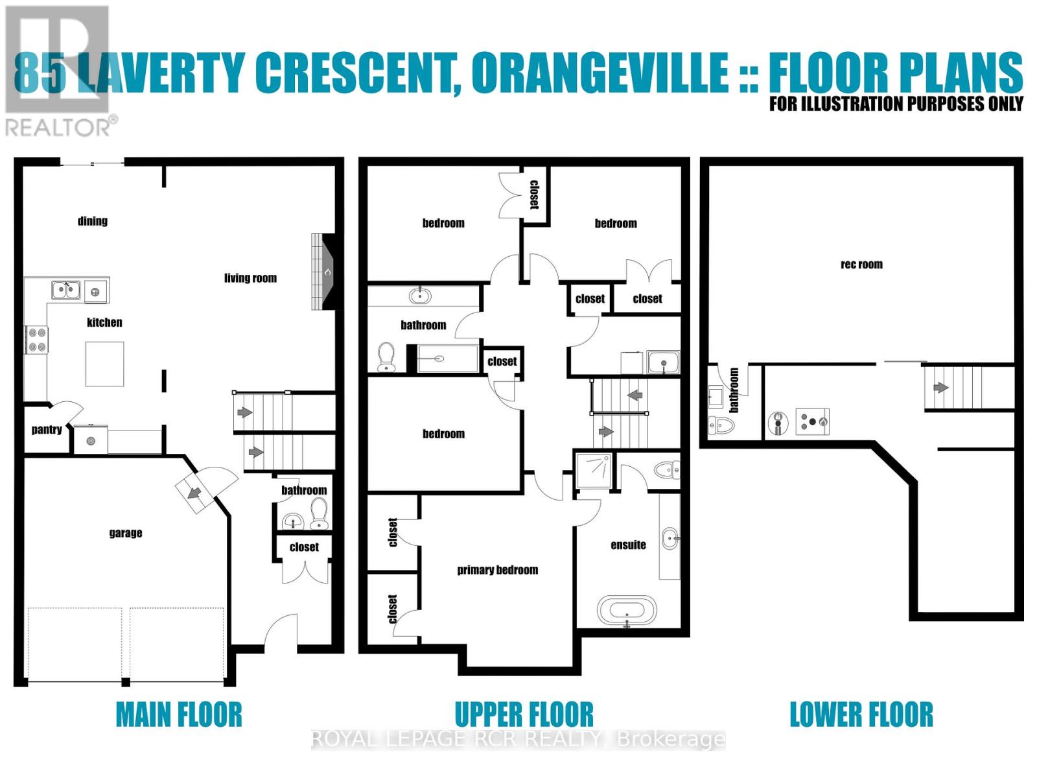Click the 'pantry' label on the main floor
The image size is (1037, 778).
47,429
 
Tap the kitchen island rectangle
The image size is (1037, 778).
104,364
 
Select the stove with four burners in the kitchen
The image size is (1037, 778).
36,340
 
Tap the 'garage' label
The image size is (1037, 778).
125,533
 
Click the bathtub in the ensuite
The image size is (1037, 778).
626,611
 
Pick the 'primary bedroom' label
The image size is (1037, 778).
497,570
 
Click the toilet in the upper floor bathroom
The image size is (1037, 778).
386,357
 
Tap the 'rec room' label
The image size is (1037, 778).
861,264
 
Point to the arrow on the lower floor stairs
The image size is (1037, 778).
940,388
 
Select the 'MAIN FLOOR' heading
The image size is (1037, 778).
179,714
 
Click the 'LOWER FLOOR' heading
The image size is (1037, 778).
861,714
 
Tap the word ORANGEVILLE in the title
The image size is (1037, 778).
600,73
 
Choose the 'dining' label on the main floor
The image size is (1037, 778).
92,221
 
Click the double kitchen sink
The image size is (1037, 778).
65,290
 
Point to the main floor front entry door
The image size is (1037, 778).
281,632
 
